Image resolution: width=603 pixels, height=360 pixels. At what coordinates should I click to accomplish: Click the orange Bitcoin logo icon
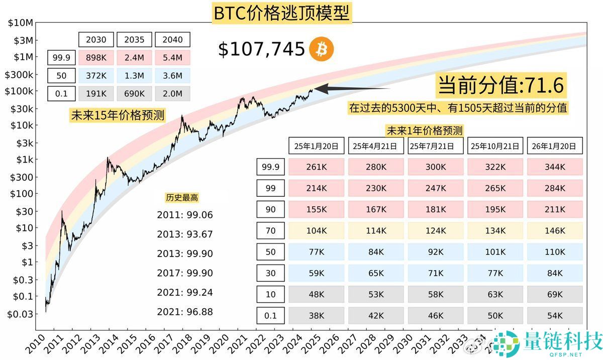click(322, 49)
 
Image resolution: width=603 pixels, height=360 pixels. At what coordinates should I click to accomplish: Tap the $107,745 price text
click(261, 49)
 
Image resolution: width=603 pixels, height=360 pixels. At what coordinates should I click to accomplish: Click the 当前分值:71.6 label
click(501, 86)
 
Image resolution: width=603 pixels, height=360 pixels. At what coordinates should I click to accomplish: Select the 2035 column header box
click(134, 39)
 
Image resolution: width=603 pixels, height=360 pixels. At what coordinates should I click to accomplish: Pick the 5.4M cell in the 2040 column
click(172, 58)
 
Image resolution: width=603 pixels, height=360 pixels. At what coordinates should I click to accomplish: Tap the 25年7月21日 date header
click(436, 146)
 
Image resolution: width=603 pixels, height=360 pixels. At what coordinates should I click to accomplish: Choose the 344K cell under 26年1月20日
click(555, 167)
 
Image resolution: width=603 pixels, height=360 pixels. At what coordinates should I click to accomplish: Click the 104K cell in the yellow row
click(317, 230)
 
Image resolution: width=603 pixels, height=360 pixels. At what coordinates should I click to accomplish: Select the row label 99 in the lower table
click(270, 188)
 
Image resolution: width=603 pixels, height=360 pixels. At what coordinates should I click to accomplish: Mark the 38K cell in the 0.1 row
click(317, 315)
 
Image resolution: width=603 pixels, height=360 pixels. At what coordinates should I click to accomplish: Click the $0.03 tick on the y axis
click(20, 314)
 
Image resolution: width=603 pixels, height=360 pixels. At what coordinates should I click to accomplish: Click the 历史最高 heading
click(182, 197)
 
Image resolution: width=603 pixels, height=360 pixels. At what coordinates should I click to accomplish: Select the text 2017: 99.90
click(185, 273)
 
